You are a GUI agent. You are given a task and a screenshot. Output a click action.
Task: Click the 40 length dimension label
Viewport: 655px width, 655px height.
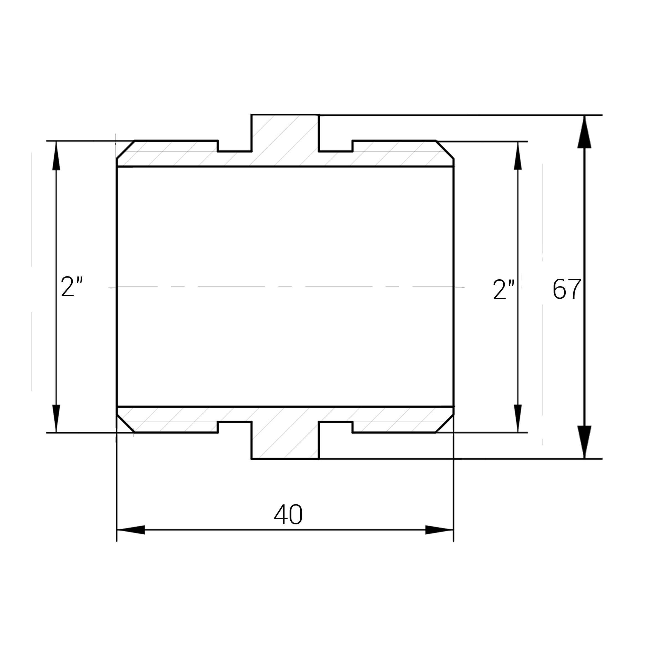tap(288, 514)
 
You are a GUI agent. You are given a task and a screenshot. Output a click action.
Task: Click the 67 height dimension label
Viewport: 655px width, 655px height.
tap(567, 289)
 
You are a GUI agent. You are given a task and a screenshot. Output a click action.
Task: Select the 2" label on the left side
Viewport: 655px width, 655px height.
tap(72, 286)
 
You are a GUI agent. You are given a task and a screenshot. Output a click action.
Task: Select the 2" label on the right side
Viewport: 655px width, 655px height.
tap(504, 290)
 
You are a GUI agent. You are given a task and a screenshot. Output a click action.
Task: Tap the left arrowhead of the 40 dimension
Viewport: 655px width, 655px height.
tap(131, 530)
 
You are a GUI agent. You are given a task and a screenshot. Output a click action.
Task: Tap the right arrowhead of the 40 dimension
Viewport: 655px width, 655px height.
tap(439, 530)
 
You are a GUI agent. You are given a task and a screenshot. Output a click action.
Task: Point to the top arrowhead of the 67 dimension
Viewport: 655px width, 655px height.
tap(584, 132)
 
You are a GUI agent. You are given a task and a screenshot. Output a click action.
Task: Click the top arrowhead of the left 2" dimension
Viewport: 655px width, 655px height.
tap(56, 156)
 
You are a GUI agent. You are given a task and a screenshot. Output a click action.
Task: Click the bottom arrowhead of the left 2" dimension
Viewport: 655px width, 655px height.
tap(56, 419)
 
